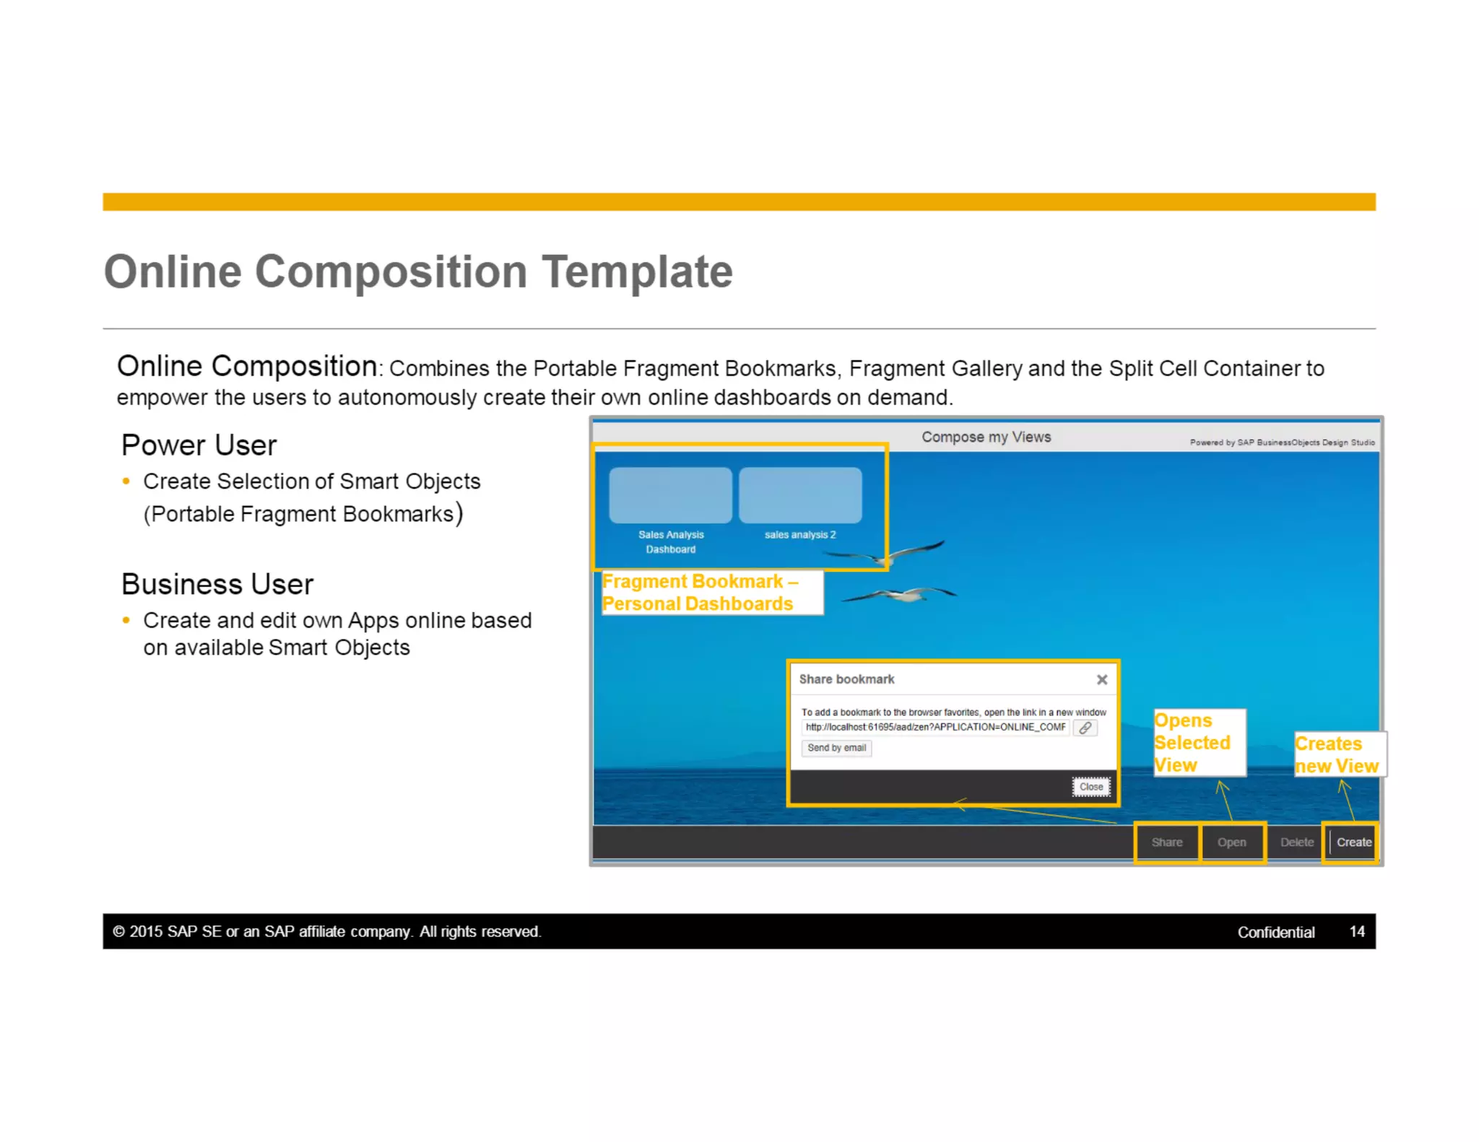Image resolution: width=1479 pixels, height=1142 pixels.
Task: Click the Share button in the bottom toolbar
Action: tap(1166, 842)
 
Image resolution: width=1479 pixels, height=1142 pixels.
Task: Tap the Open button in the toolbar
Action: tap(1231, 842)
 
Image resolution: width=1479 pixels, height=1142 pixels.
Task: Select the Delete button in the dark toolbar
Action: tap(1296, 842)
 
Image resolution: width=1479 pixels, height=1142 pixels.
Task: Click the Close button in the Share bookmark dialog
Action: tap(1090, 786)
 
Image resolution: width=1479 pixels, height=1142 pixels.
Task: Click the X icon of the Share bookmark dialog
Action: tap(1101, 679)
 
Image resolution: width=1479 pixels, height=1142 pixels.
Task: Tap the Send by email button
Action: tap(836, 748)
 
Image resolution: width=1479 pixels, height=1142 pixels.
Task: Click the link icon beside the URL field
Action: tap(1085, 728)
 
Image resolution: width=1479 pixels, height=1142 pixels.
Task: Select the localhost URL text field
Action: tap(935, 727)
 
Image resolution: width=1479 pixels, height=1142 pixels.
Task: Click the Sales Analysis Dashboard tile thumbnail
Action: tap(670, 495)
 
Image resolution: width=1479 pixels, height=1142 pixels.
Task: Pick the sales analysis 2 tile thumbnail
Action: tap(800, 495)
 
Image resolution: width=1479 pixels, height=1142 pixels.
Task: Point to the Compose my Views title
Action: tap(986, 437)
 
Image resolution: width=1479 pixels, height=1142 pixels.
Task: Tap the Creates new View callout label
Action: tap(1337, 754)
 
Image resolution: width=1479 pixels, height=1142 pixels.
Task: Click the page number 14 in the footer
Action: tap(1357, 931)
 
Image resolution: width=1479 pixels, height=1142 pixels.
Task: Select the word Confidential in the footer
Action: tap(1275, 932)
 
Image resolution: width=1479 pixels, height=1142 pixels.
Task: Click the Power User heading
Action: tap(199, 445)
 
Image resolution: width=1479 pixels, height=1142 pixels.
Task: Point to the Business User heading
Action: tap(217, 584)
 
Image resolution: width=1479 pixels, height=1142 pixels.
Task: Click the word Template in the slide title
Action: tap(637, 272)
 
